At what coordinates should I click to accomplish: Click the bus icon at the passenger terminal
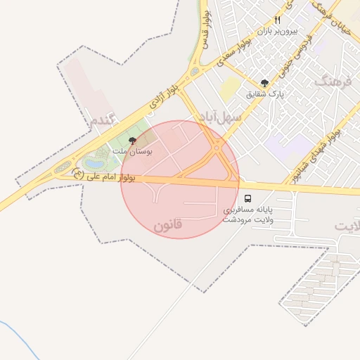click(250, 199)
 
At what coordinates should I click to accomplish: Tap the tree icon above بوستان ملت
click(132, 140)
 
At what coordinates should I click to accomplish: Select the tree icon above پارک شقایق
click(265, 82)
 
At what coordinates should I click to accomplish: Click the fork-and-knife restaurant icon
click(278, 20)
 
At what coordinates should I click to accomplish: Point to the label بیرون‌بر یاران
click(278, 31)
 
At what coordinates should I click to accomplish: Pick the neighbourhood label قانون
click(167, 225)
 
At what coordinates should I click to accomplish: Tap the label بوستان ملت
click(132, 150)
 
